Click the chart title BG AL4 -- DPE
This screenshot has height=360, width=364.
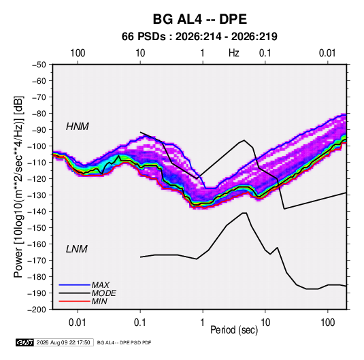pos(199,19)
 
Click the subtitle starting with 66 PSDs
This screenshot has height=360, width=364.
pos(199,37)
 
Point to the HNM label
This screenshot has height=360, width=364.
pos(78,127)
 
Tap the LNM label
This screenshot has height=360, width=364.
pos(77,249)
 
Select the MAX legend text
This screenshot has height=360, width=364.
pos(100,285)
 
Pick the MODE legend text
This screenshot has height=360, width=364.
pos(104,293)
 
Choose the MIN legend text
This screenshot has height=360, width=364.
pos(99,301)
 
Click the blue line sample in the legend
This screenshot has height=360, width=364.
pos(74,285)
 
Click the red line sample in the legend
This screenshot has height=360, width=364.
pos(74,301)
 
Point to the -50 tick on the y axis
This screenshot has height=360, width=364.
pos(39,65)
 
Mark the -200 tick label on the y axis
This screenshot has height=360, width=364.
pos(37,310)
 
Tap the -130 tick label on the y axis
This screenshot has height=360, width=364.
pos(37,195)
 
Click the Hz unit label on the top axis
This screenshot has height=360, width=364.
pos(234,53)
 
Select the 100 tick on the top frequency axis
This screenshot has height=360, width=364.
pos(78,53)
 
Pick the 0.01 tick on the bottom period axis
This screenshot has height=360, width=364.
pos(78,323)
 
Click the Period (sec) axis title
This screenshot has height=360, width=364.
pos(234,330)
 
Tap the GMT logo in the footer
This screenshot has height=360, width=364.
pos(24,342)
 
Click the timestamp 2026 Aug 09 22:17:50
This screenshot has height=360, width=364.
pos(63,342)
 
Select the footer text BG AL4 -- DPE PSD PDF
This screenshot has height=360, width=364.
pos(125,342)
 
